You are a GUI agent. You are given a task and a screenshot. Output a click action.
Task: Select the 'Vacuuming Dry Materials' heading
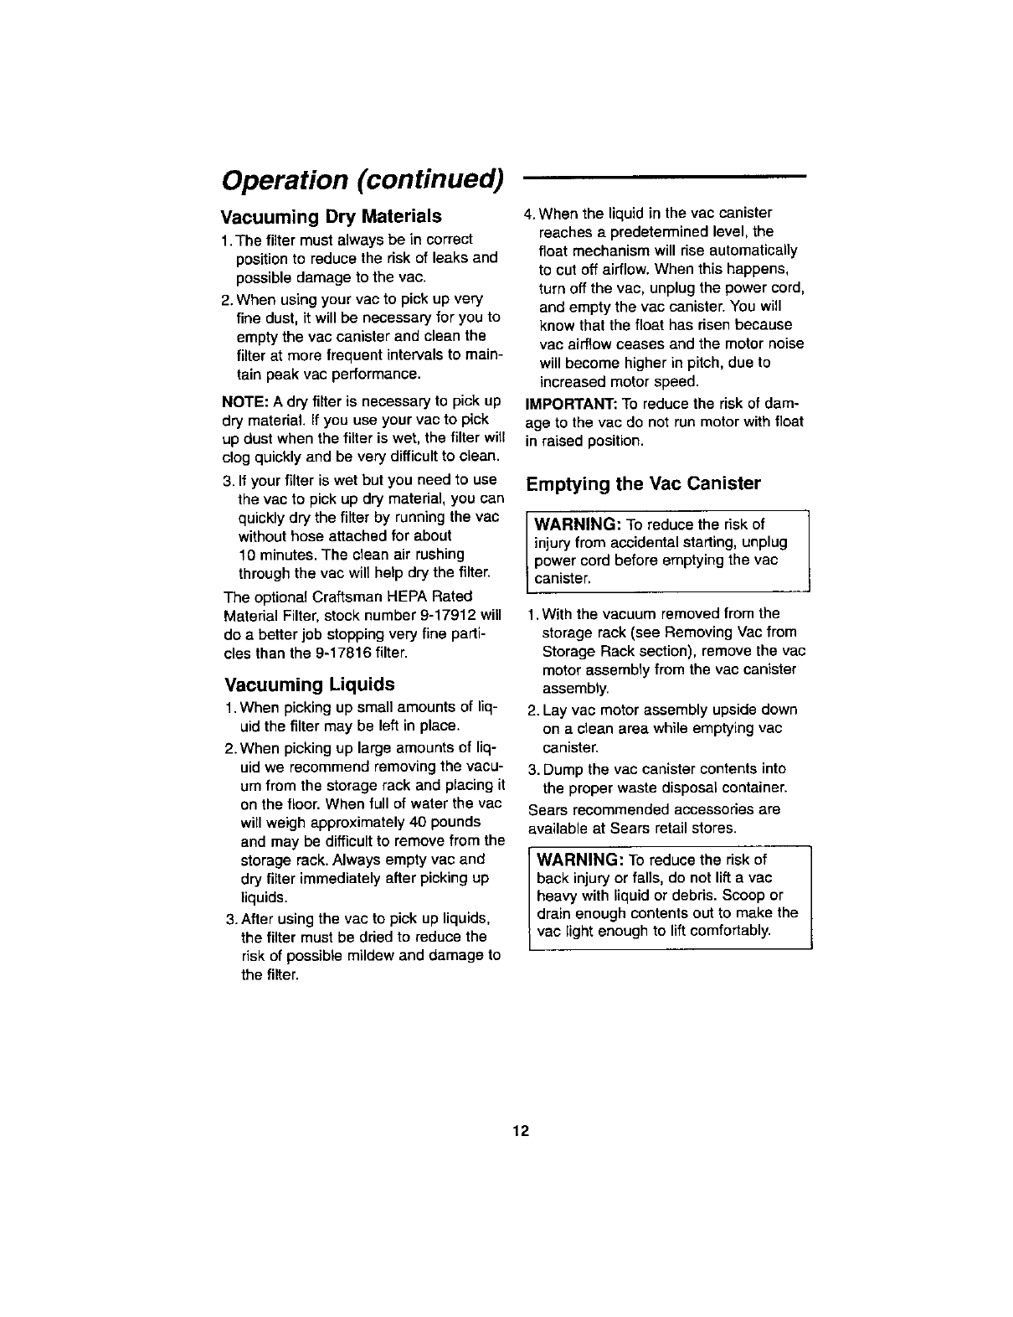(331, 217)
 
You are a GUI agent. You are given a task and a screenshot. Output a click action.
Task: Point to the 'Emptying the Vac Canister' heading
(643, 483)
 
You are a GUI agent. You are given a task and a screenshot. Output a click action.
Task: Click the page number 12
(521, 1131)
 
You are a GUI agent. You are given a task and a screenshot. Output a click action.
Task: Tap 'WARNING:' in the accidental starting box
(576, 524)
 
